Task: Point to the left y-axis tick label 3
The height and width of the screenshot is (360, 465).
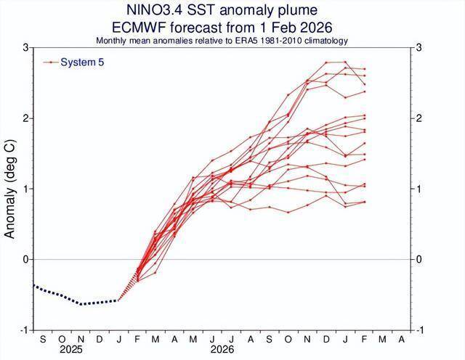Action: [x=25, y=48]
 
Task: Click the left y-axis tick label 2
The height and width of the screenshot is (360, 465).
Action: [x=25, y=118]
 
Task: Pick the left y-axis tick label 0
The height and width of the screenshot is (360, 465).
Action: [x=25, y=260]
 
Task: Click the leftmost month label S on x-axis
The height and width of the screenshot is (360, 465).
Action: [x=42, y=340]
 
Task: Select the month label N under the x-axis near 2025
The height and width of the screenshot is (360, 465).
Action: [x=81, y=340]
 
